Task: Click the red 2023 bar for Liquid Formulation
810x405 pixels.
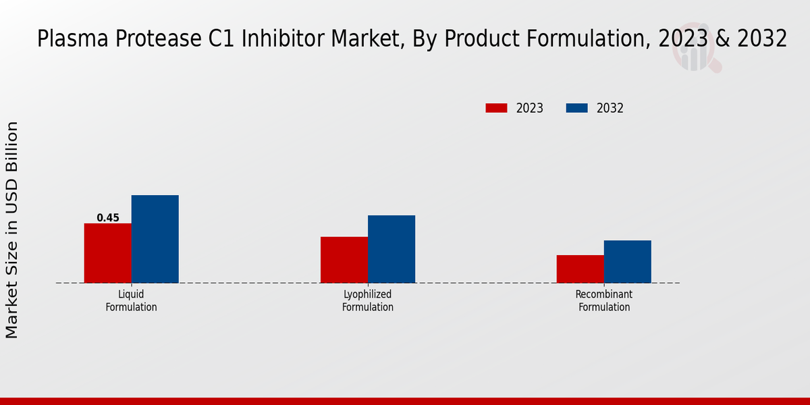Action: click(107, 253)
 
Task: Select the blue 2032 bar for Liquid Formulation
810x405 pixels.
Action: click(155, 239)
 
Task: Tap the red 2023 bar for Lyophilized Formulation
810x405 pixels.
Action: click(344, 260)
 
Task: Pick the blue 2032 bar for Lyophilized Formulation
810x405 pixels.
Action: click(391, 249)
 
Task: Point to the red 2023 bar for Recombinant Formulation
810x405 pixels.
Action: click(580, 269)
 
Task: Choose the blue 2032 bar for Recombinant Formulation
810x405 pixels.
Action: click(627, 261)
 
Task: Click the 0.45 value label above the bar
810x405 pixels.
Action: click(108, 218)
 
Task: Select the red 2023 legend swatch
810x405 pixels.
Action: click(496, 108)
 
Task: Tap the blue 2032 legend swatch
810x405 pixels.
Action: click(576, 108)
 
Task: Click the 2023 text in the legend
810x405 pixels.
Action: click(529, 108)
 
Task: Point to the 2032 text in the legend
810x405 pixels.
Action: click(610, 108)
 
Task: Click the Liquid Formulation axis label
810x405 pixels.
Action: click(131, 301)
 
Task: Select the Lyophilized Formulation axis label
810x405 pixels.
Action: click(367, 301)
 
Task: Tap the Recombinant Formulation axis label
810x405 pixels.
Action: click(603, 301)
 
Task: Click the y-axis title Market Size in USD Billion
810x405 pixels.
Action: click(12, 230)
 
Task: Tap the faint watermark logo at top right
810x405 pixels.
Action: click(695, 47)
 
